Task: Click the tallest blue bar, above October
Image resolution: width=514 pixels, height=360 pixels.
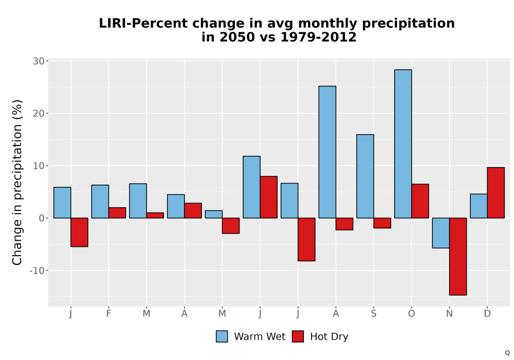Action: pyautogui.click(x=403, y=143)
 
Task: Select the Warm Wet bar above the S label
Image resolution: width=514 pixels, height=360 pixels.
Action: pyautogui.click(x=365, y=176)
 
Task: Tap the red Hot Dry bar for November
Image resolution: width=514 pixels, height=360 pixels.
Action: pyautogui.click(x=458, y=257)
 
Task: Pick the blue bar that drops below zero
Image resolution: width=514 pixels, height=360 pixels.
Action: pyautogui.click(x=441, y=233)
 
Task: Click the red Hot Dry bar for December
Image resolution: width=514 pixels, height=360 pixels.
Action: pyautogui.click(x=495, y=193)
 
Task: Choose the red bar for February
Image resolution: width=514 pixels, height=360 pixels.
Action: pyautogui.click(x=117, y=213)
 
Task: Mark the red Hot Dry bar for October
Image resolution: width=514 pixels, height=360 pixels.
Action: pyautogui.click(x=420, y=201)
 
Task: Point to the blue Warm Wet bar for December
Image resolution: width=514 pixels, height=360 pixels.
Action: pyautogui.click(x=479, y=206)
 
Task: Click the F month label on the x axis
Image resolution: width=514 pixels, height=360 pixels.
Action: pyautogui.click(x=108, y=314)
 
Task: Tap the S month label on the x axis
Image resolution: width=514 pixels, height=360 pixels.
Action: pyautogui.click(x=374, y=314)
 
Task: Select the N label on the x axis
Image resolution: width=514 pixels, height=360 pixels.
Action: pyautogui.click(x=449, y=314)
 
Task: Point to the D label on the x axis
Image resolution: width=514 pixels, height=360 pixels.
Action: pyautogui.click(x=487, y=314)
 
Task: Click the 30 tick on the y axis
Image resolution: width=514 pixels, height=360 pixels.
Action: pyautogui.click(x=39, y=61)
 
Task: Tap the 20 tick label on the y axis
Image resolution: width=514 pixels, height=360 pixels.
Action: pyautogui.click(x=39, y=114)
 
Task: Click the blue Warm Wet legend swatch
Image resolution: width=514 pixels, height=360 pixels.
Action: pyautogui.click(x=222, y=336)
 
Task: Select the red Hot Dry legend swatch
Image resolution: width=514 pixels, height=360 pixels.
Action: pyautogui.click(x=298, y=336)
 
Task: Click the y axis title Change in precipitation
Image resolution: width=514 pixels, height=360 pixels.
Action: pyautogui.click(x=17, y=182)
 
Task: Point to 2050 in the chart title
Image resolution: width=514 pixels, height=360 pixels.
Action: pyautogui.click(x=237, y=37)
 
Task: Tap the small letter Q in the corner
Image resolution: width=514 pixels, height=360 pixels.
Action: pyautogui.click(x=507, y=353)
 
